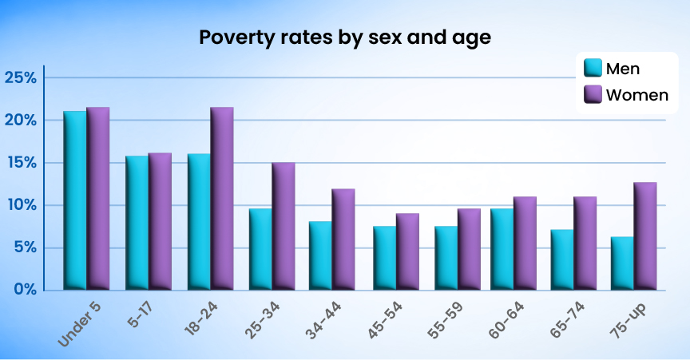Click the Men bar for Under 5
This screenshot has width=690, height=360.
(x=75, y=200)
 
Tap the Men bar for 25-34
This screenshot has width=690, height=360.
(x=260, y=248)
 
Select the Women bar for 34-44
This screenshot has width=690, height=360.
(x=344, y=239)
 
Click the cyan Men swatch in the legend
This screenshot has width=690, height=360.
(x=593, y=69)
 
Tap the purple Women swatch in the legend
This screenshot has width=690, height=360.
(x=593, y=95)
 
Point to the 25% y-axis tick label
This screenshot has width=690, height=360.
(x=21, y=78)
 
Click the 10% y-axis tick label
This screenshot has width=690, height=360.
(x=21, y=205)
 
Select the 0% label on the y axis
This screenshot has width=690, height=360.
(x=25, y=289)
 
